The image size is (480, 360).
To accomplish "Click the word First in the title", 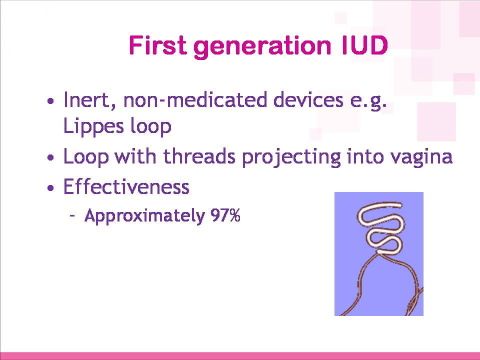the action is click(x=157, y=45).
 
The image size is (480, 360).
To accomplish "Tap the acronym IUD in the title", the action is click(x=364, y=45).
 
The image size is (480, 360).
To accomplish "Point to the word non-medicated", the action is click(x=195, y=100).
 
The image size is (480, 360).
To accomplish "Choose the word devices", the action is click(x=308, y=100).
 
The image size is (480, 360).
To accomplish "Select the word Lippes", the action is click(x=93, y=126).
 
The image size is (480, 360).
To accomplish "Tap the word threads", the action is click(x=199, y=155).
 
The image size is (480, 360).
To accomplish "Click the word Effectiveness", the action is click(x=126, y=186).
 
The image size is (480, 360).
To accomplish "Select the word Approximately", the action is click(x=144, y=216).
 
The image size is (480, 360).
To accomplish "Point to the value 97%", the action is click(x=225, y=215).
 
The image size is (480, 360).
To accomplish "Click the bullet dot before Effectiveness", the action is click(x=51, y=187).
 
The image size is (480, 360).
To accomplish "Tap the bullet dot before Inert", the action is click(x=51, y=100).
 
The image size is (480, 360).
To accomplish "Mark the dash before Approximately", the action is click(x=72, y=216).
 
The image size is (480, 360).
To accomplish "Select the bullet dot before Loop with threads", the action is click(x=51, y=157).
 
